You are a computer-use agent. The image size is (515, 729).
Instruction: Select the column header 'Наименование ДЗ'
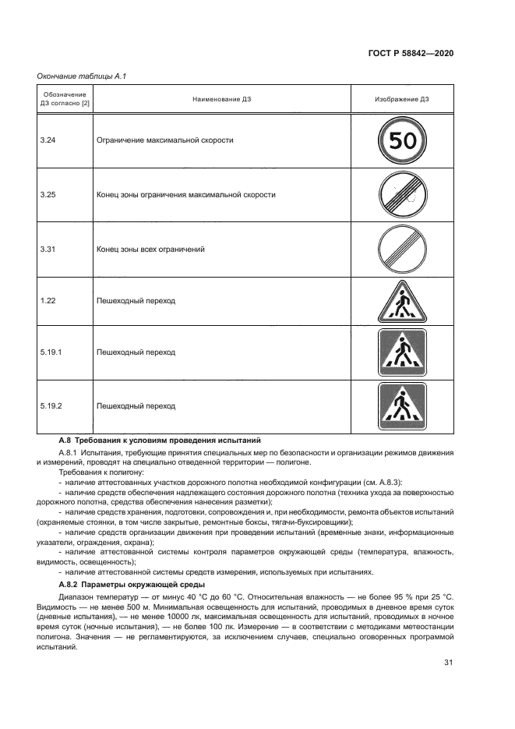click(x=223, y=99)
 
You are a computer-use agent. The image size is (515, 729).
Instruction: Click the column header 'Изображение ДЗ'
click(x=402, y=99)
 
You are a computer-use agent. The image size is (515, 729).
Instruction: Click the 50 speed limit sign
click(x=402, y=141)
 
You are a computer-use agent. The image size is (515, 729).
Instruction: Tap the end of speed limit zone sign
click(x=402, y=195)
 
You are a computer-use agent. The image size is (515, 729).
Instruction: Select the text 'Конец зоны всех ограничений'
click(x=150, y=249)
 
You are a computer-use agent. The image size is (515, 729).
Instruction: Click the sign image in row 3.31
click(x=402, y=249)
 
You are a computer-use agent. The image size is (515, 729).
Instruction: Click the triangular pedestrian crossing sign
click(x=402, y=302)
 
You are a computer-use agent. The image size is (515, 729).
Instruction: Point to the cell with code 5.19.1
click(x=51, y=352)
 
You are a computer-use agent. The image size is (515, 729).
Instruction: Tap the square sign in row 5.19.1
click(x=402, y=352)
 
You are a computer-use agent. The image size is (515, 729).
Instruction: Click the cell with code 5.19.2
click(x=51, y=405)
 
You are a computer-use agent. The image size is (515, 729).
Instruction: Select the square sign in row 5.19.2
click(x=402, y=405)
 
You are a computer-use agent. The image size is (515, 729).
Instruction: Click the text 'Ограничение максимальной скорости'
click(x=164, y=140)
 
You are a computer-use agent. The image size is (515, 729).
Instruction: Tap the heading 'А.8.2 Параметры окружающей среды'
click(x=132, y=584)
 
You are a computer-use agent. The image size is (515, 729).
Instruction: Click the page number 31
click(x=448, y=663)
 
